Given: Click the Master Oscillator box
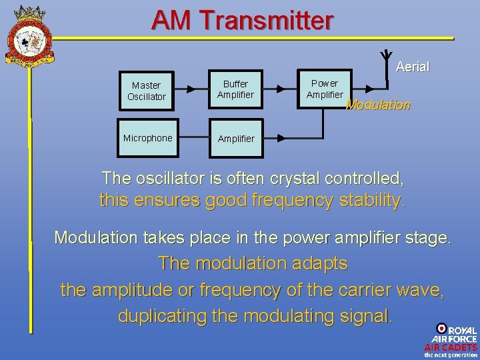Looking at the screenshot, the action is point(146,91).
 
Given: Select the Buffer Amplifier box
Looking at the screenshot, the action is point(235,89).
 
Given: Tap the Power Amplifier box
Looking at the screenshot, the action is point(325,89).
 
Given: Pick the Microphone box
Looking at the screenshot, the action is point(147,138).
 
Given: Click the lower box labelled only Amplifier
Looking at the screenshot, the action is point(235,139).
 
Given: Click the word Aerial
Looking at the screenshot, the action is point(412,67).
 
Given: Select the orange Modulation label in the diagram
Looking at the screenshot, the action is point(378,105).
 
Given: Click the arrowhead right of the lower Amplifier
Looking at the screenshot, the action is point(280,138).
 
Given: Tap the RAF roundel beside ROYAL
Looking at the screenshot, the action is point(441,328).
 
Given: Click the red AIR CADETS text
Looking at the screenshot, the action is point(451,347).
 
